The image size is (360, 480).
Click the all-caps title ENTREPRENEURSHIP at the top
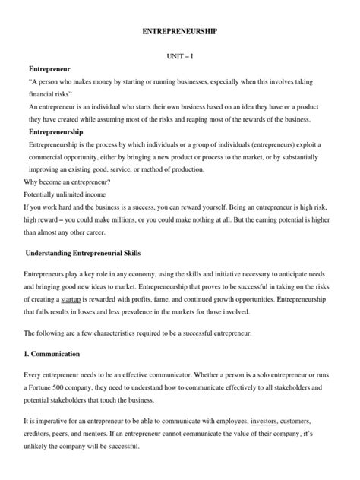[180, 33]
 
